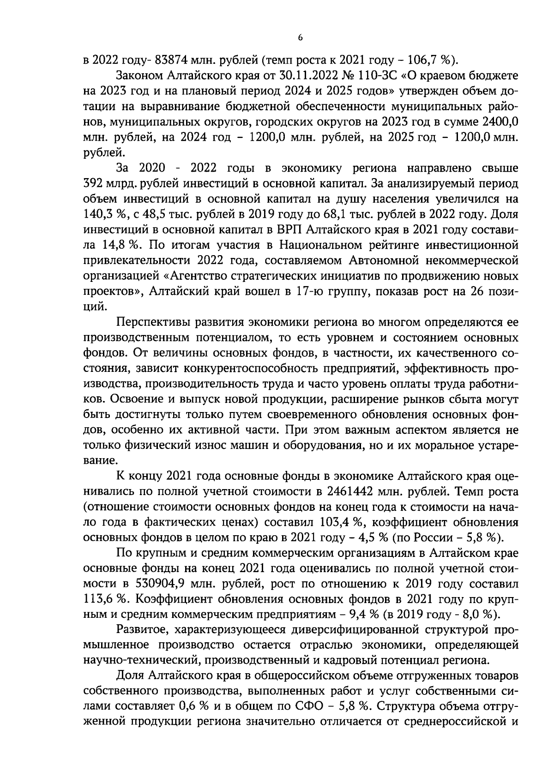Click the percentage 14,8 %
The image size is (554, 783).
[x=114, y=245]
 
